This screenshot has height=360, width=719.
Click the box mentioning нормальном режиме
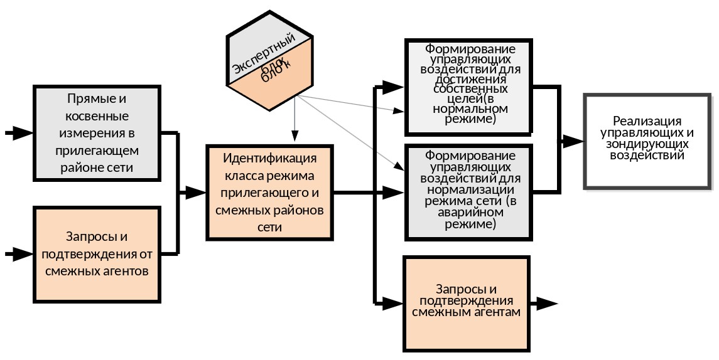[x=468, y=87]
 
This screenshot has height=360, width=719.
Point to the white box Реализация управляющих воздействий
[x=647, y=141]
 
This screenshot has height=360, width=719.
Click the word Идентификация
[x=269, y=157]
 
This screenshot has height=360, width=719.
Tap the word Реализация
[x=647, y=122]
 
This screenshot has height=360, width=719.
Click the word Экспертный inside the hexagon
[x=263, y=56]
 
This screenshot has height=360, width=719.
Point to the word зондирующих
[x=647, y=144]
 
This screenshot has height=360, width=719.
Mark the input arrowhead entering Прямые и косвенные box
[x=22, y=133]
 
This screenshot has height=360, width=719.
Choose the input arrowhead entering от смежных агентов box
[x=22, y=254]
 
